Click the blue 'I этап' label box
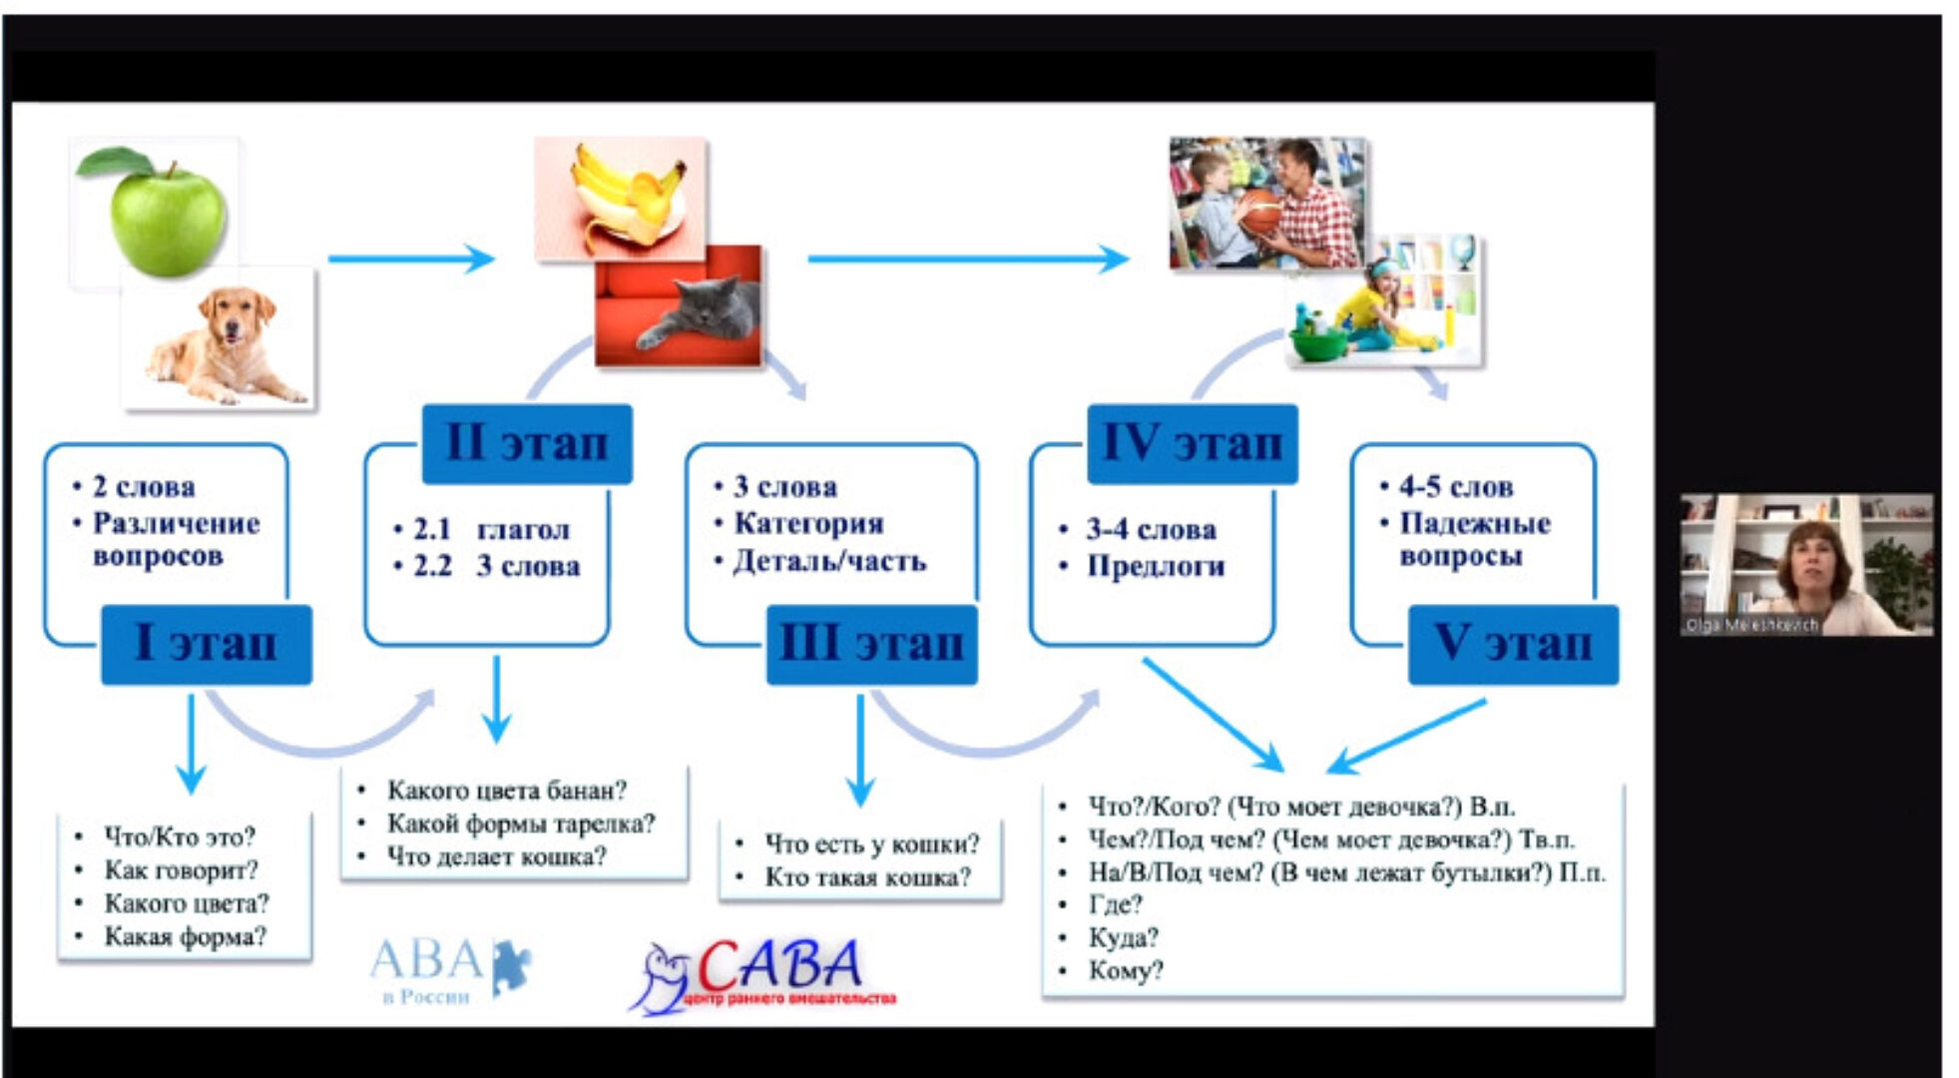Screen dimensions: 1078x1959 [207, 644]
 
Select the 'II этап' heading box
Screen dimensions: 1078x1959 [527, 443]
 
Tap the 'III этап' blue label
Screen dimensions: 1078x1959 [871, 644]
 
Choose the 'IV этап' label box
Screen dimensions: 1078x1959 [1192, 443]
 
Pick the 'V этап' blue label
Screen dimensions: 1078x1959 [1512, 644]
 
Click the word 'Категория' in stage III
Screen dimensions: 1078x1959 [808, 523]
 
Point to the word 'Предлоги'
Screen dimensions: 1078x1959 [1155, 566]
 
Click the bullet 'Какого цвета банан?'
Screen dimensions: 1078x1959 [506, 791]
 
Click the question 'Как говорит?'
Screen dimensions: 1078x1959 [181, 870]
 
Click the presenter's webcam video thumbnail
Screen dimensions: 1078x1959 [1805, 564]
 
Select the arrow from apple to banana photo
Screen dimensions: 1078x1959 [410, 260]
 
